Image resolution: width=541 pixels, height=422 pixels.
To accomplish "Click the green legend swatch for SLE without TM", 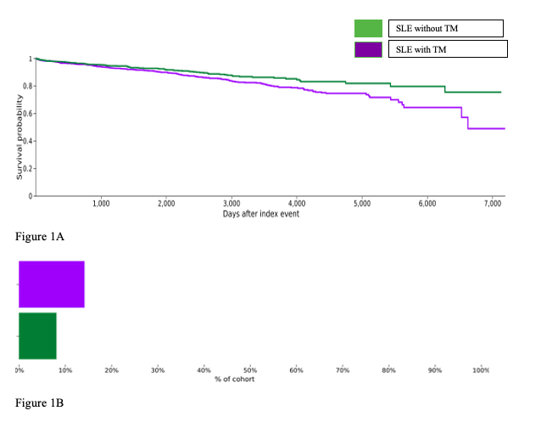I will tap(368, 29).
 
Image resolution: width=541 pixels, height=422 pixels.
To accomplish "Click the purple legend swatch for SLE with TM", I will tap(368, 49).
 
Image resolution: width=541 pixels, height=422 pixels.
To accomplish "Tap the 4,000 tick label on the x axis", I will tap(297, 204).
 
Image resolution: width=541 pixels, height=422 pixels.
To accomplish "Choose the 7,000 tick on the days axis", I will tap(493, 204).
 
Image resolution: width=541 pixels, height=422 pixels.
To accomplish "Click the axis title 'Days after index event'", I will tap(261, 214).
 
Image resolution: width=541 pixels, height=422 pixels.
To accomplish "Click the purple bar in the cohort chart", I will tap(51, 284).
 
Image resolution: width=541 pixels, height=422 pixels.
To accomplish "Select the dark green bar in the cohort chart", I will tap(37, 336).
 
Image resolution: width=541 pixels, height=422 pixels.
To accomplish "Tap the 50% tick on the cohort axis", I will tap(250, 370).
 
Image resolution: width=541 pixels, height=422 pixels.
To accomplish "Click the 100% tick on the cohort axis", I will tap(481, 370).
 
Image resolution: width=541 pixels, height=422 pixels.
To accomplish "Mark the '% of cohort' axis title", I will tap(235, 379).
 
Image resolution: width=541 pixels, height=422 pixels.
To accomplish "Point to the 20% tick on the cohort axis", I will tap(111, 370).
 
